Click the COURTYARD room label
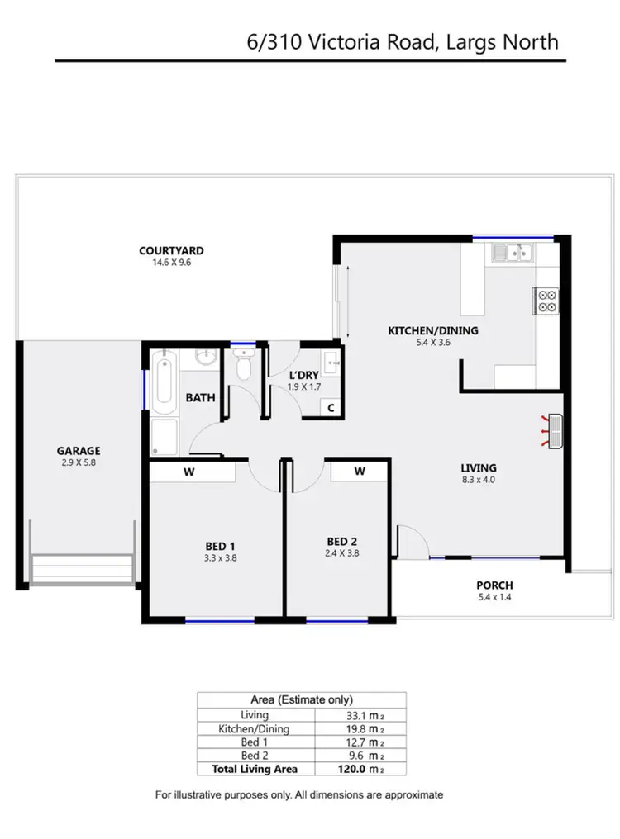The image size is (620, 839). [171, 251]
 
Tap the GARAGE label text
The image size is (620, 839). [79, 451]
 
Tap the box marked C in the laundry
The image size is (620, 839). [331, 407]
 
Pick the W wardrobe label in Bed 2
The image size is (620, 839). [360, 472]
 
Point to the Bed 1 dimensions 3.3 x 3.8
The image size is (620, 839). [221, 557]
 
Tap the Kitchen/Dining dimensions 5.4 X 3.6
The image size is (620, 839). [433, 343]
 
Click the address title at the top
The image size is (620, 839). [403, 41]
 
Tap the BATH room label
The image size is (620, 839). [200, 398]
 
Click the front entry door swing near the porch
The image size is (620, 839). [411, 540]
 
